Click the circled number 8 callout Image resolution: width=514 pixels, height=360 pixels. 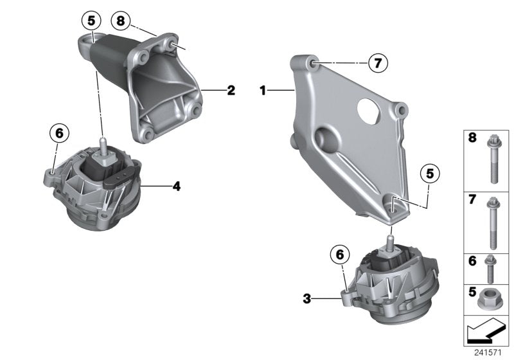tap(120, 21)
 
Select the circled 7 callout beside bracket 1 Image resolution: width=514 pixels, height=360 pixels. tap(377, 62)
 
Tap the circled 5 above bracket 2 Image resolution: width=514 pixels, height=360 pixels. tap(91, 21)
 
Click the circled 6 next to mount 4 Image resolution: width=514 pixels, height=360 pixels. tap(58, 133)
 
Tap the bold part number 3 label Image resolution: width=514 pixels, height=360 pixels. tap(308, 298)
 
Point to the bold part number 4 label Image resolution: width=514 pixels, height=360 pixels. tap(175, 186)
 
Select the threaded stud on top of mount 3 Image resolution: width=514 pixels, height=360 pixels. tap(389, 242)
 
